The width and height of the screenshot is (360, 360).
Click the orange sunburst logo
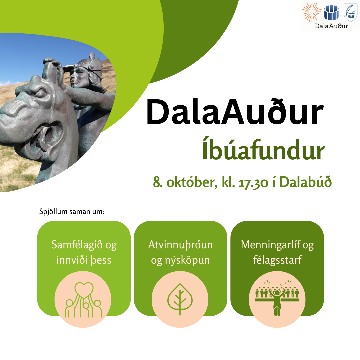[x=312, y=12]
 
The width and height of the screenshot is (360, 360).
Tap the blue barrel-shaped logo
[x=331, y=13]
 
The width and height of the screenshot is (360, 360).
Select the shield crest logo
[x=350, y=13]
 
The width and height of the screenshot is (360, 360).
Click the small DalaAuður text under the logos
[x=331, y=26]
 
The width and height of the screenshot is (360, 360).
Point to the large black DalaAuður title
[x=235, y=112]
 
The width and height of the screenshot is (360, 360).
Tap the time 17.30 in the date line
[x=253, y=183]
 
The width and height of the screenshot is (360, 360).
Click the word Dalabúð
[x=305, y=182]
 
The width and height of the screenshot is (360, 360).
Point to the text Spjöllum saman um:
[x=72, y=211]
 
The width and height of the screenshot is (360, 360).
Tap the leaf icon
[x=180, y=299]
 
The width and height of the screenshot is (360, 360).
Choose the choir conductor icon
[x=277, y=298]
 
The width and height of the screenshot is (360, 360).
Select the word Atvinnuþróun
[x=180, y=245]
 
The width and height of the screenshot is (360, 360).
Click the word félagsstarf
[x=277, y=260]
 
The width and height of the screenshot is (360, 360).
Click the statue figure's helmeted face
[x=79, y=77]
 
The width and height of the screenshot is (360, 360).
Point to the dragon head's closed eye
[x=39, y=93]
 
